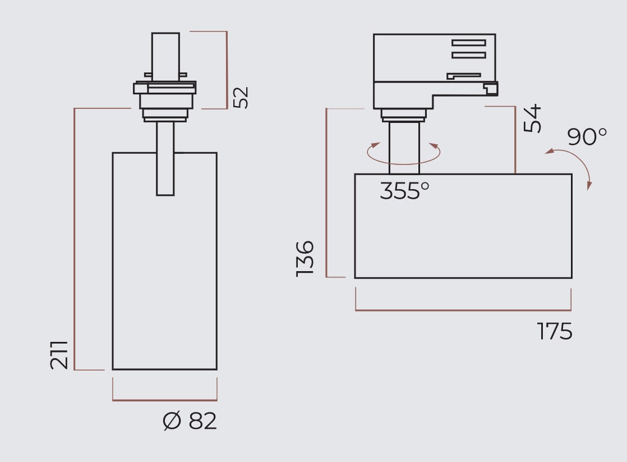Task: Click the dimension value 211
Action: pos(59,355)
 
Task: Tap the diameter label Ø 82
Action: pos(190,421)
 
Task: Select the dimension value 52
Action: pos(241,97)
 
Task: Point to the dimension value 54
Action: pos(532,118)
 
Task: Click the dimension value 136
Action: pos(305,259)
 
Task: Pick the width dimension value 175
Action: pos(554,331)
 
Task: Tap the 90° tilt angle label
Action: pos(587,136)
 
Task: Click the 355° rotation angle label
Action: pos(404,190)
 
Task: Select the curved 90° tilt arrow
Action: pos(578,159)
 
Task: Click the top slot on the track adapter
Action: pos(469,43)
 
